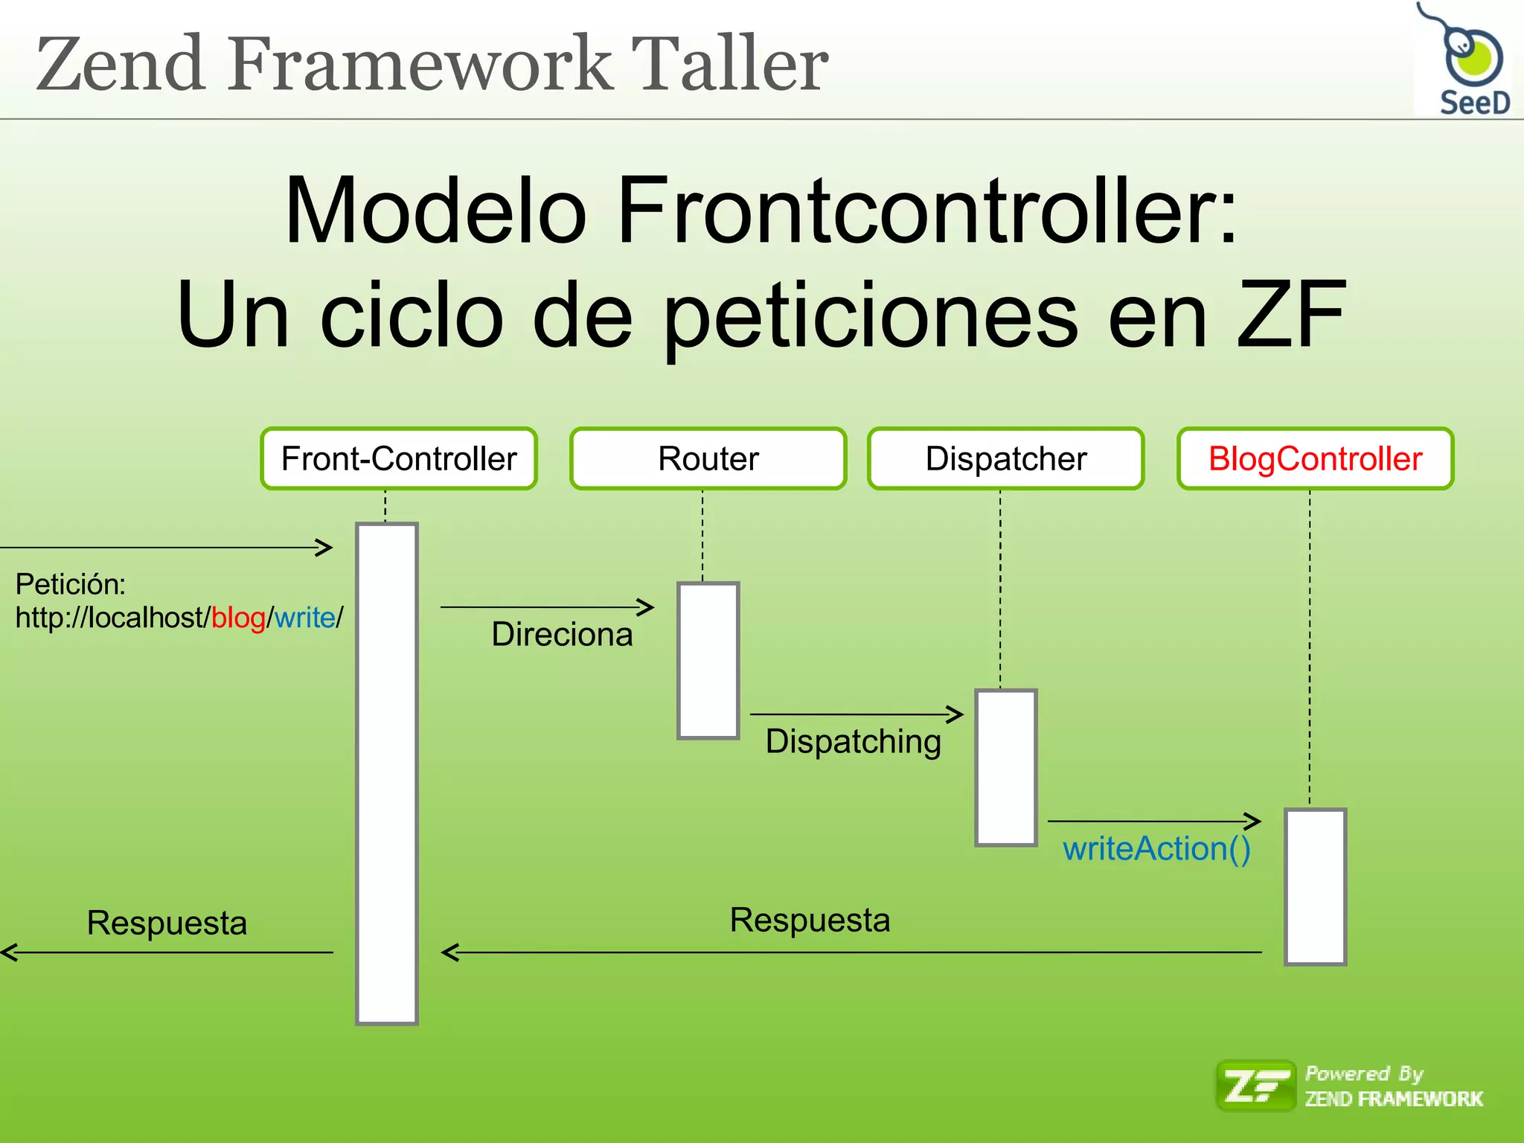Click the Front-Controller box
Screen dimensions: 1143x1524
pyautogui.click(x=399, y=458)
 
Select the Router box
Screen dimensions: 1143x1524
pyautogui.click(x=708, y=458)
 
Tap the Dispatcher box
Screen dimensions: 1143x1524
pyautogui.click(x=1005, y=458)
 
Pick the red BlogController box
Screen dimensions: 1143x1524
pyautogui.click(x=1315, y=458)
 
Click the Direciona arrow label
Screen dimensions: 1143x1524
pyautogui.click(x=562, y=635)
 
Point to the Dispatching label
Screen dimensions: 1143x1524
pyautogui.click(x=853, y=742)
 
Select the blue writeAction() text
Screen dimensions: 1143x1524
pyautogui.click(x=1156, y=849)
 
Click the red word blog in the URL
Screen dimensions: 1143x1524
pyautogui.click(x=238, y=618)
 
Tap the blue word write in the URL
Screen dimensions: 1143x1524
pyautogui.click(x=304, y=618)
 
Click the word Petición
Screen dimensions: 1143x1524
pyautogui.click(x=71, y=584)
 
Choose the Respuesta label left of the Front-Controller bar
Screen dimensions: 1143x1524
pyautogui.click(x=167, y=923)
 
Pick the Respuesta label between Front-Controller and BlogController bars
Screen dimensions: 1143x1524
pyautogui.click(x=810, y=920)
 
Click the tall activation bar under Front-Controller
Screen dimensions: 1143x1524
pyautogui.click(x=387, y=774)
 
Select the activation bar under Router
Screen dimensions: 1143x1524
pyautogui.click(x=708, y=661)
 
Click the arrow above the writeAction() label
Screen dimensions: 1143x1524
pyautogui.click(x=1153, y=822)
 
